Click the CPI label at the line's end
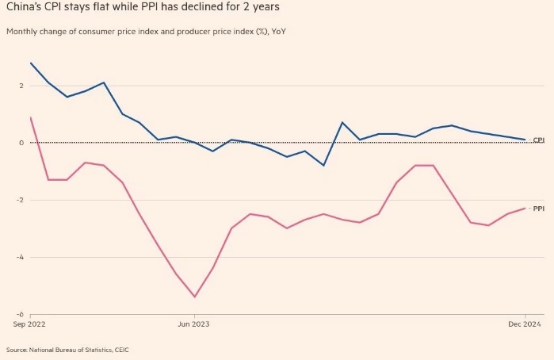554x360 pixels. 538,140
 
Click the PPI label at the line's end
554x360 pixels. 538,209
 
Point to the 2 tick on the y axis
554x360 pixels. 21,86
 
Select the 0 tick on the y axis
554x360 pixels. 21,143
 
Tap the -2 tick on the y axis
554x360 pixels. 20,200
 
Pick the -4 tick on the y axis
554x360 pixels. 20,257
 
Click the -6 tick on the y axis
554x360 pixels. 20,314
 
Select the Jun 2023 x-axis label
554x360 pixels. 194,324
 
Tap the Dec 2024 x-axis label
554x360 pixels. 523,324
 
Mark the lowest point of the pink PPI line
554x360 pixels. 194,297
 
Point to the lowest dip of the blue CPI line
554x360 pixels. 323,165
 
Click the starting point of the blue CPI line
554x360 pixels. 30,63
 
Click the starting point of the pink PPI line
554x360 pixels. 30,117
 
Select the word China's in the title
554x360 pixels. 23,9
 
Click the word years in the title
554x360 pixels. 262,9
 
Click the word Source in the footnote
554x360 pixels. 17,350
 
